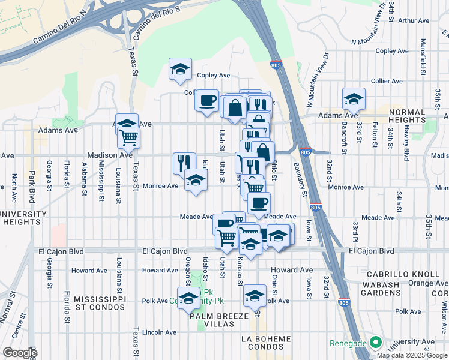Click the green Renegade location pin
(x=376, y=343)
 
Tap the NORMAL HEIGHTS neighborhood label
(x=415, y=116)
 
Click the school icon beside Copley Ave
(x=180, y=70)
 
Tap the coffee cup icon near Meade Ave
(x=259, y=203)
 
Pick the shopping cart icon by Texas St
(x=129, y=137)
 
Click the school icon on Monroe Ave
(x=195, y=180)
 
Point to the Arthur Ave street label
(x=414, y=20)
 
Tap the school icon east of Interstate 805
(x=354, y=99)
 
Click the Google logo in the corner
(x=20, y=353)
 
